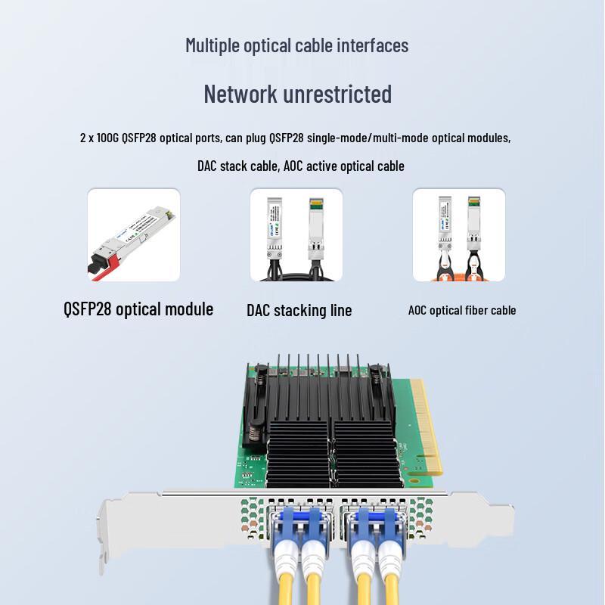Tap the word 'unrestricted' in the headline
(337, 95)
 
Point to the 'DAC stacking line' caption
(299, 310)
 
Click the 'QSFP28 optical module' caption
(138, 309)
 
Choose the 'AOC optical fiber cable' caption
(462, 310)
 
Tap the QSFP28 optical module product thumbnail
(134, 235)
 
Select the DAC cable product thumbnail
(296, 235)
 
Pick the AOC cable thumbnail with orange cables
(458, 235)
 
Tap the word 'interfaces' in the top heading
(371, 45)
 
